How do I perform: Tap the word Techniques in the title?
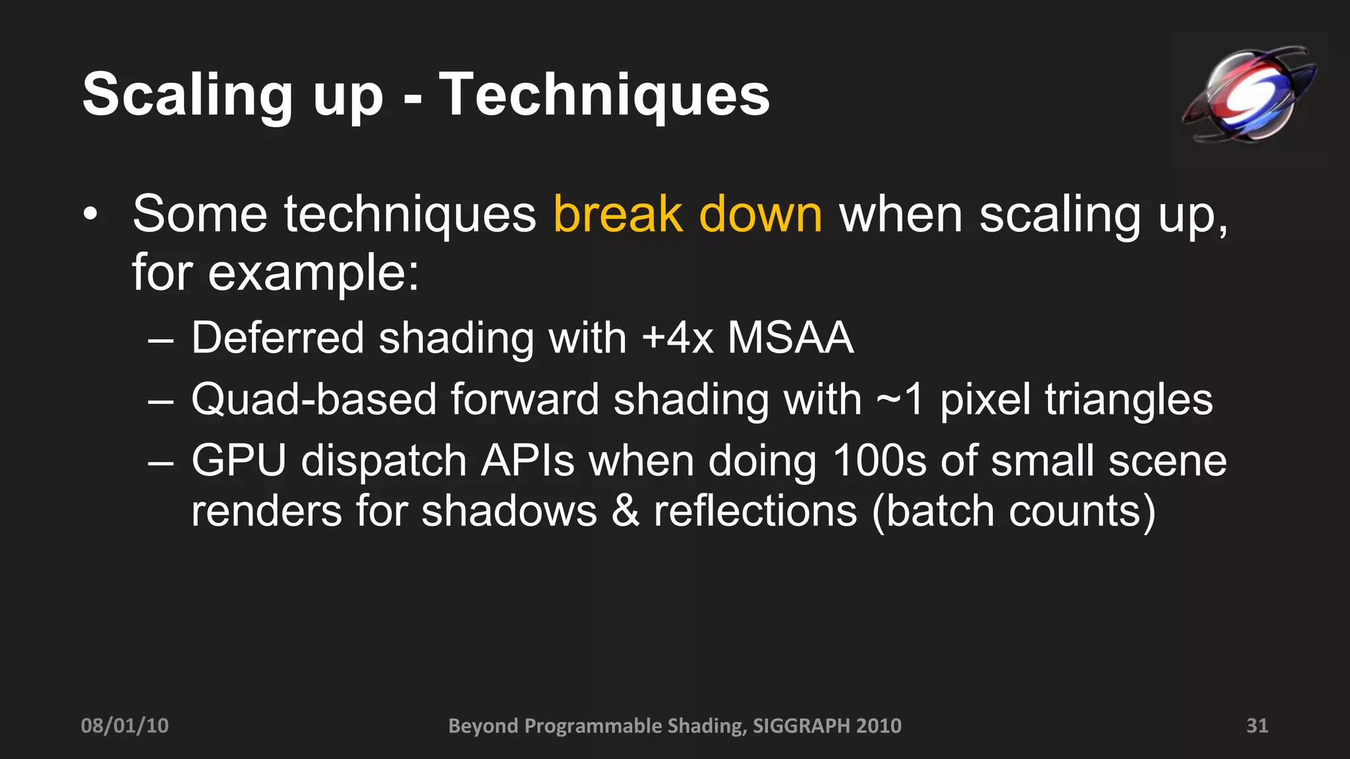[x=604, y=96]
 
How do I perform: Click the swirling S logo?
[x=1248, y=94]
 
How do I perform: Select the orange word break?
[x=618, y=214]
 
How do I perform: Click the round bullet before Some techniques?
[x=90, y=214]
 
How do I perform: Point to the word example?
[x=314, y=272]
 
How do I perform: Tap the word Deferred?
[x=278, y=337]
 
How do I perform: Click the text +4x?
[x=677, y=337]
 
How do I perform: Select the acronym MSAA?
[x=790, y=337]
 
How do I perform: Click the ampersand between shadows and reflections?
[x=625, y=511]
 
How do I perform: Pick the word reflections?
[x=755, y=511]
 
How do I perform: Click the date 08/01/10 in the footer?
[x=125, y=725]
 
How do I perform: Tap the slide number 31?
[x=1257, y=725]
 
